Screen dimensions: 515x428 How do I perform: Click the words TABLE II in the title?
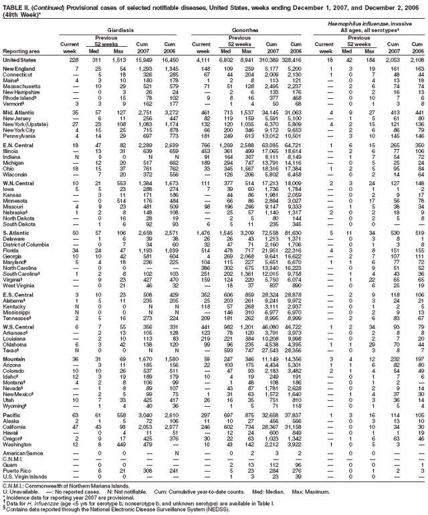17,5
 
